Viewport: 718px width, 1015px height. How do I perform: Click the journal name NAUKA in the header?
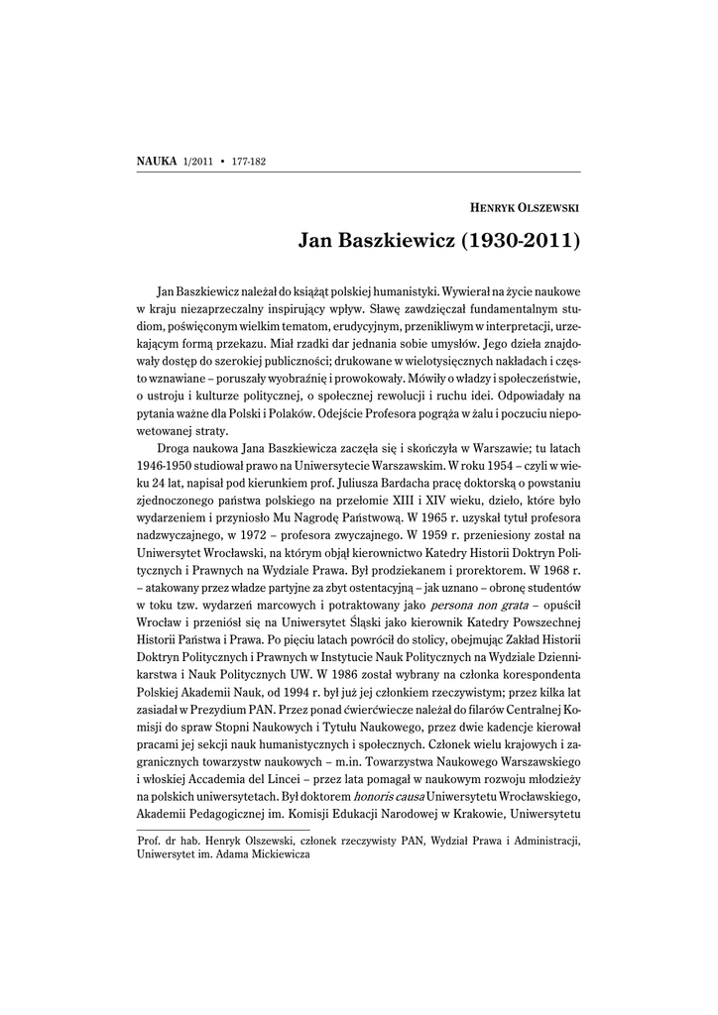pos(156,160)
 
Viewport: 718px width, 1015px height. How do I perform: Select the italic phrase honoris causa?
pos(387,797)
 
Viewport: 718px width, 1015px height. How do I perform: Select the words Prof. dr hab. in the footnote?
pos(165,841)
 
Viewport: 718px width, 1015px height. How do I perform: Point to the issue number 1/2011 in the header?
pos(198,161)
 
